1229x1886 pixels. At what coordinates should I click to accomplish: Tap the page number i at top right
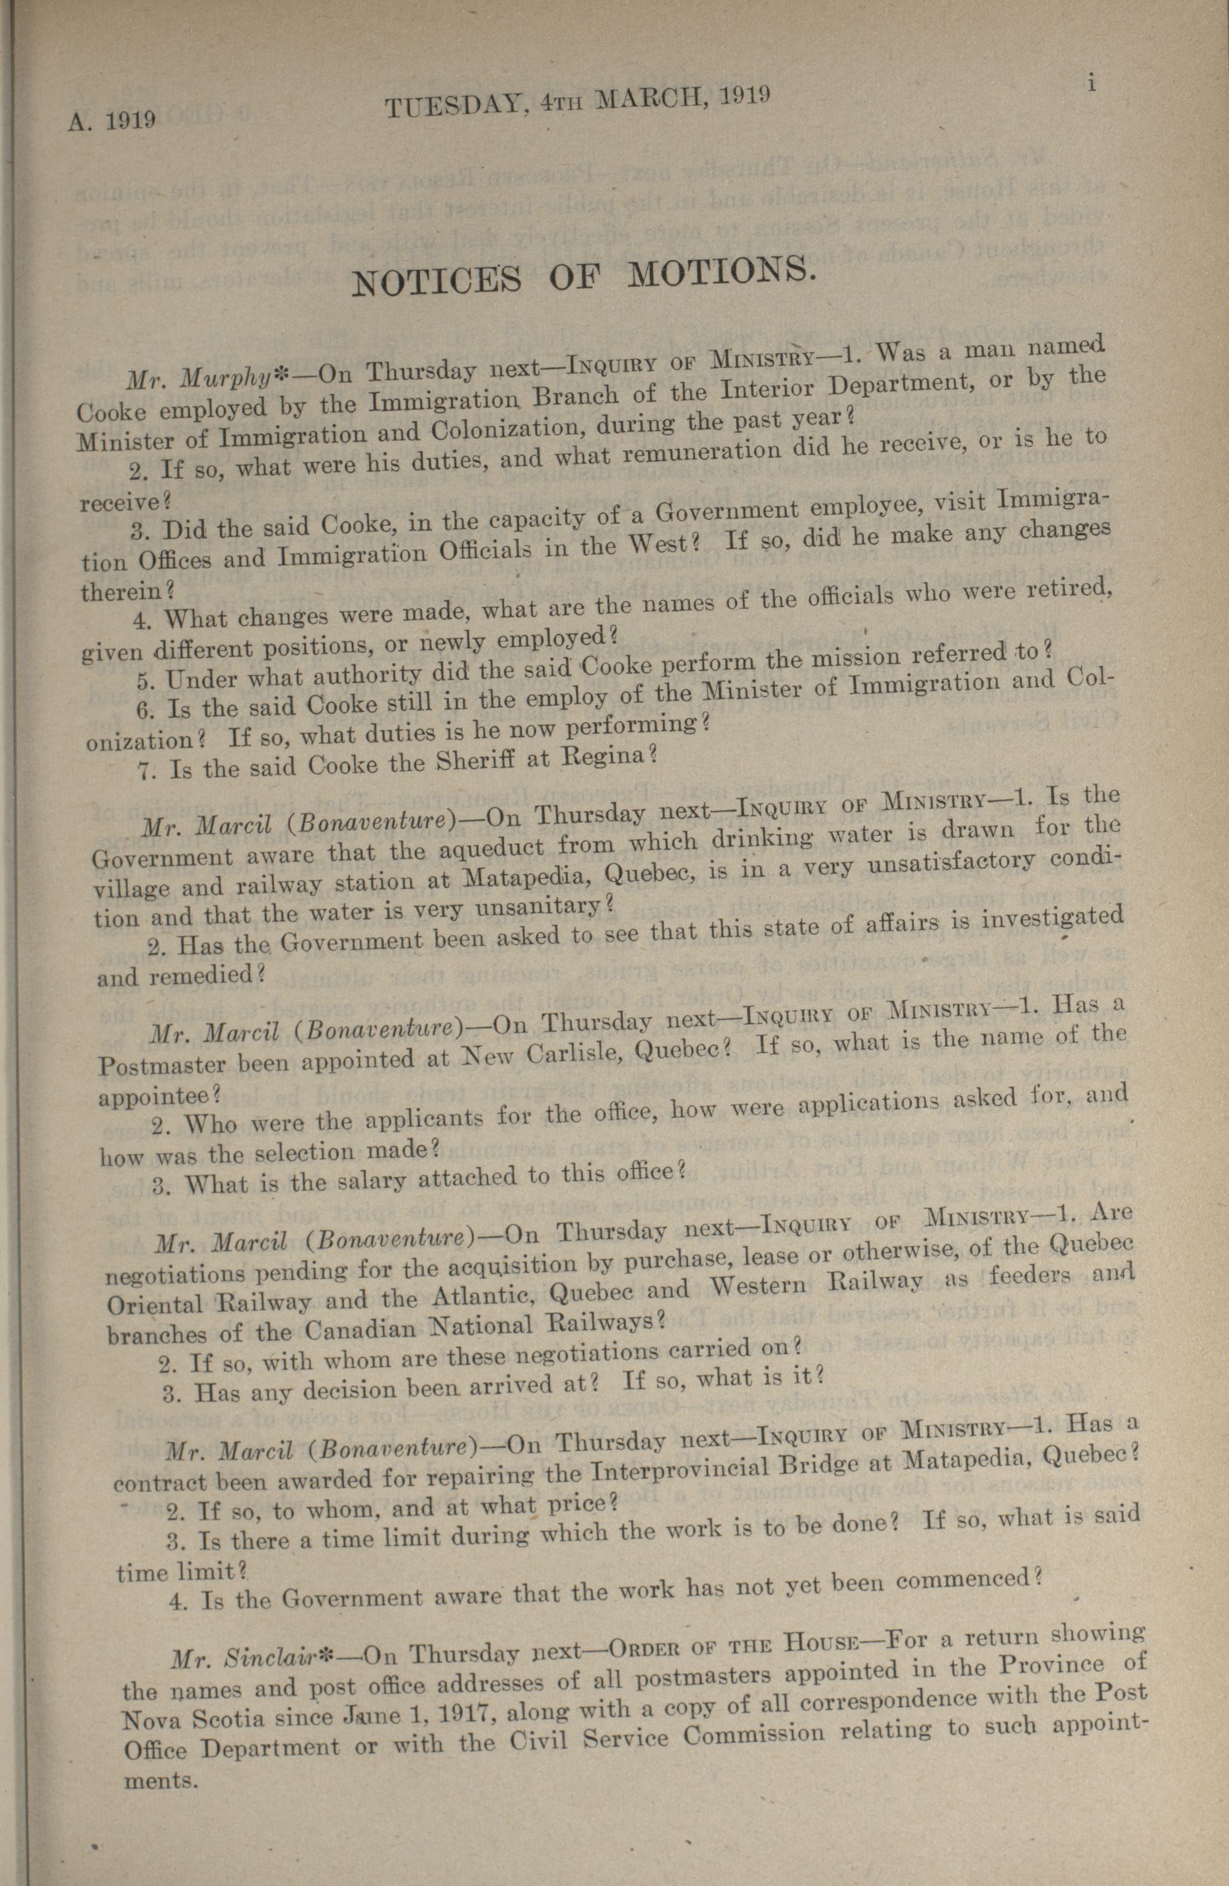[1092, 82]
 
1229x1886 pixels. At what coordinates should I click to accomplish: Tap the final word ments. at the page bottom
[159, 1780]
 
